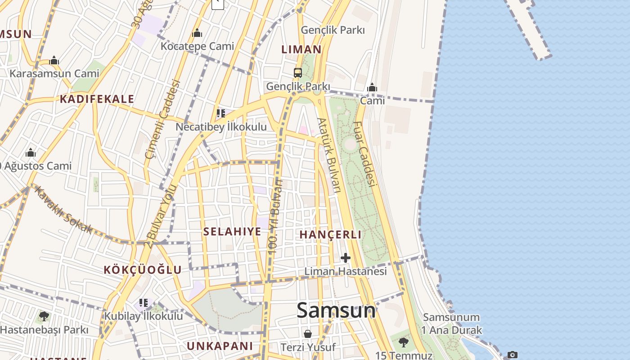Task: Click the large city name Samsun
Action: point(336,310)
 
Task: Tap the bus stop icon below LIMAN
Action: point(297,72)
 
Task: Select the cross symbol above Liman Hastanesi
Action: point(346,258)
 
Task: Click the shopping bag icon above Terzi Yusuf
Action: point(308,334)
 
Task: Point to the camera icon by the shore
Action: point(512,355)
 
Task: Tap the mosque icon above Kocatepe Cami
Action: point(197,33)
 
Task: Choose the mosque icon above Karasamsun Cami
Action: point(54,60)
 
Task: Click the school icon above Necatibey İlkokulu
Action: point(220,113)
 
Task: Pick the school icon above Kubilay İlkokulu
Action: point(144,303)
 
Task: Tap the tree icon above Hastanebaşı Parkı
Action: point(44,316)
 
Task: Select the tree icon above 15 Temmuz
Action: point(404,342)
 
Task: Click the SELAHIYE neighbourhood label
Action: point(232,232)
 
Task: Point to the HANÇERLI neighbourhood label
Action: point(330,234)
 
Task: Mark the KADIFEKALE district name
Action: point(97,99)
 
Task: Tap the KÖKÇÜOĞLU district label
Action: point(143,270)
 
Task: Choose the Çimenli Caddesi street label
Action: point(163,119)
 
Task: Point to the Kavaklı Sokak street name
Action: point(63,210)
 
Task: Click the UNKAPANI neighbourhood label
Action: point(220,346)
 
